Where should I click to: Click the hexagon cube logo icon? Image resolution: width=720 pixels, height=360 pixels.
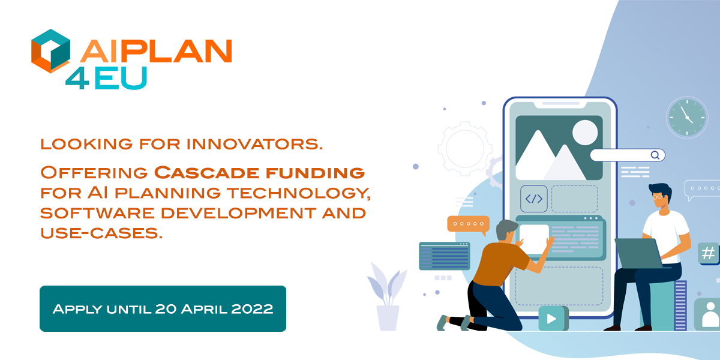pyautogui.click(x=50, y=51)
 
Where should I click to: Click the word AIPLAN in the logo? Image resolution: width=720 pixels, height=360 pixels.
pyautogui.click(x=156, y=51)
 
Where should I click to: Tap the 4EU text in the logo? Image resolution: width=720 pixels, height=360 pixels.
pyautogui.click(x=106, y=78)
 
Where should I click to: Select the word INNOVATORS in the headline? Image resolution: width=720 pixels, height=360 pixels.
pyautogui.click(x=254, y=144)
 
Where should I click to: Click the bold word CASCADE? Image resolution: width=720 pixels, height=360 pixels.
pyautogui.click(x=206, y=173)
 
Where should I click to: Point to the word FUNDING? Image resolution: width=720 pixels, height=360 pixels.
pyautogui.click(x=316, y=173)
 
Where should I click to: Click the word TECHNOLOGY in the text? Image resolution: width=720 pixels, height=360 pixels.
pyautogui.click(x=299, y=193)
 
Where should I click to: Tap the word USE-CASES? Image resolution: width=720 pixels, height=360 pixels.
pyautogui.click(x=101, y=233)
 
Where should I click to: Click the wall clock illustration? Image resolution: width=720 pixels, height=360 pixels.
pyautogui.click(x=687, y=118)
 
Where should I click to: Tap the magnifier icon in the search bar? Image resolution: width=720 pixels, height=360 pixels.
pyautogui.click(x=655, y=155)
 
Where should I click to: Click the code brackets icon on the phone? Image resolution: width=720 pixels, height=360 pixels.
pyautogui.click(x=533, y=199)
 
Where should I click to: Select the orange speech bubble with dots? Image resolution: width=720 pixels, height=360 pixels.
pyautogui.click(x=469, y=224)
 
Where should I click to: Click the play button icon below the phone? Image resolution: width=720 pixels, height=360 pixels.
pyautogui.click(x=551, y=319)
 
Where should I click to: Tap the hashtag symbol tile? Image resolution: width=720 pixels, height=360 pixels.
pyautogui.click(x=708, y=253)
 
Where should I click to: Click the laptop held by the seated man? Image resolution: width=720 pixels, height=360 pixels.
pyautogui.click(x=640, y=253)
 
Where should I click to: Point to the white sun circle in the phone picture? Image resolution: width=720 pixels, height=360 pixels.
pyautogui.click(x=585, y=133)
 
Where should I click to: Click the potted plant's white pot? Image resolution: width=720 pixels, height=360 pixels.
pyautogui.click(x=388, y=318)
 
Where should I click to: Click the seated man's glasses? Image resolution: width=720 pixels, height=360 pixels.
pyautogui.click(x=658, y=196)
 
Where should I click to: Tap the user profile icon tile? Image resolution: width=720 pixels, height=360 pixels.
pyautogui.click(x=709, y=314)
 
